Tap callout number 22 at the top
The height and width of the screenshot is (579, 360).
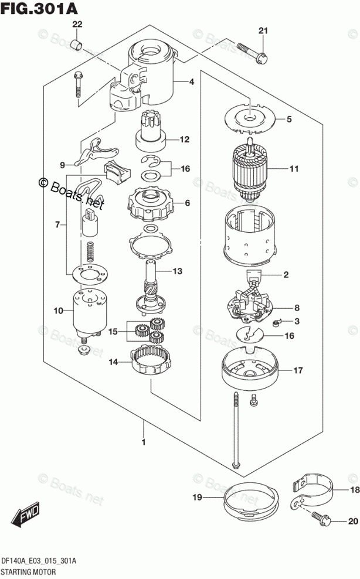coord(77,25)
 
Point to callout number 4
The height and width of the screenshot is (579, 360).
coord(192,81)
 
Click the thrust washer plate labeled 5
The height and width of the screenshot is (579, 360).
coord(250,118)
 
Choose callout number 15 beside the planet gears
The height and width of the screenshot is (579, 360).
coord(113,331)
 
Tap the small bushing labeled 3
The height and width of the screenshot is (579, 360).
coord(276,323)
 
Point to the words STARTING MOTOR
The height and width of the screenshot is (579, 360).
coord(29,572)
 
